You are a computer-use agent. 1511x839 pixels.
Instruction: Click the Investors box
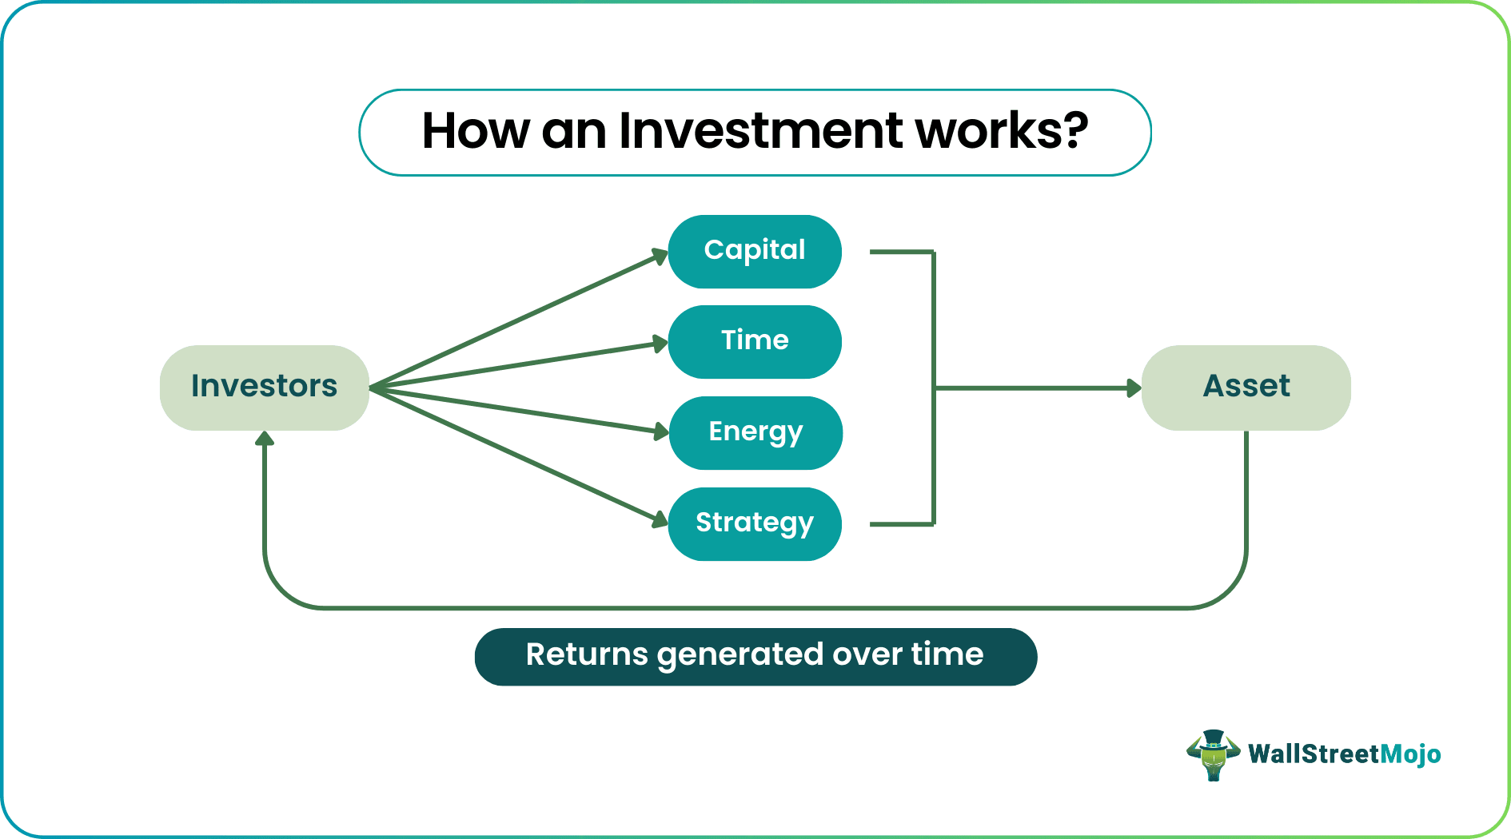[x=264, y=388]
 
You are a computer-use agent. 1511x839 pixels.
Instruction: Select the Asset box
[x=1246, y=388]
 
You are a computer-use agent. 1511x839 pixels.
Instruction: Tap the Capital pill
[x=755, y=251]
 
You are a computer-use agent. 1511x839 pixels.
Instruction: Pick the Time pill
[x=755, y=341]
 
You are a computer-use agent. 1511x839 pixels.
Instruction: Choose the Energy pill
[x=755, y=432]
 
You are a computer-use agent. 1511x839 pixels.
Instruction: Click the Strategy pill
[x=755, y=523]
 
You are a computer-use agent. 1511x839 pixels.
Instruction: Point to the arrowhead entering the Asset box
[x=1134, y=388]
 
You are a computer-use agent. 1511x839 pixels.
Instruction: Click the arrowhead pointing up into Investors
[x=265, y=439]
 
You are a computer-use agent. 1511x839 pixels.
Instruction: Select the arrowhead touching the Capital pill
[x=660, y=256]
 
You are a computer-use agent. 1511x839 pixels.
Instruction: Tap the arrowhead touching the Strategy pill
[x=660, y=519]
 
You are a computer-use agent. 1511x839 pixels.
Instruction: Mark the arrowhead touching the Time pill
[x=660, y=344]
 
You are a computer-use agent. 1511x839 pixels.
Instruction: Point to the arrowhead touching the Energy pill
[x=660, y=431]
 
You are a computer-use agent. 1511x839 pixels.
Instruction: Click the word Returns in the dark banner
[x=586, y=655]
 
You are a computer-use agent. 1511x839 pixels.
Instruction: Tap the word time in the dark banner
[x=947, y=655]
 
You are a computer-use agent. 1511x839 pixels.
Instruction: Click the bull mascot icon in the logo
[x=1213, y=754]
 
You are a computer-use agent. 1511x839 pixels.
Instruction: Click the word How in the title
[x=475, y=131]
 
